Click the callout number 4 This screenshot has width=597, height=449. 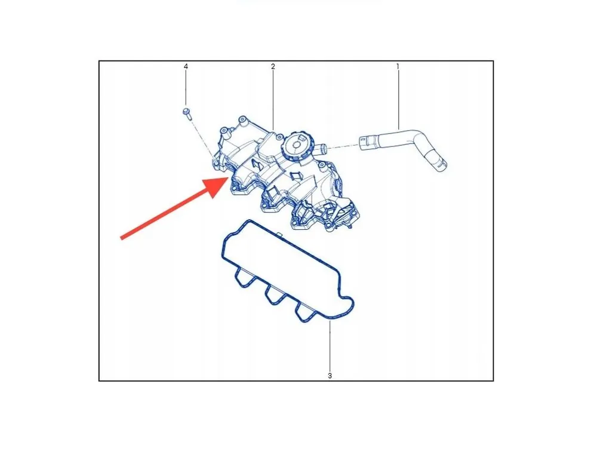click(x=186, y=67)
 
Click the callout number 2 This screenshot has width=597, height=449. click(x=273, y=67)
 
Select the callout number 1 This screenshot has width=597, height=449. click(x=398, y=67)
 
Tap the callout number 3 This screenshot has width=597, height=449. click(x=330, y=376)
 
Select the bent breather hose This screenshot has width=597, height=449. click(x=404, y=149)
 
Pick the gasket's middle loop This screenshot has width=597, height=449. click(x=274, y=294)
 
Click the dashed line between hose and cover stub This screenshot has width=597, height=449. click(x=343, y=146)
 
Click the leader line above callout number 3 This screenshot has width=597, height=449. click(x=330, y=346)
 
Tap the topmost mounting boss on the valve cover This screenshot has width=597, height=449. click(x=242, y=119)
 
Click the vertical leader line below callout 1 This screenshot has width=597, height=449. click(x=398, y=100)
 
